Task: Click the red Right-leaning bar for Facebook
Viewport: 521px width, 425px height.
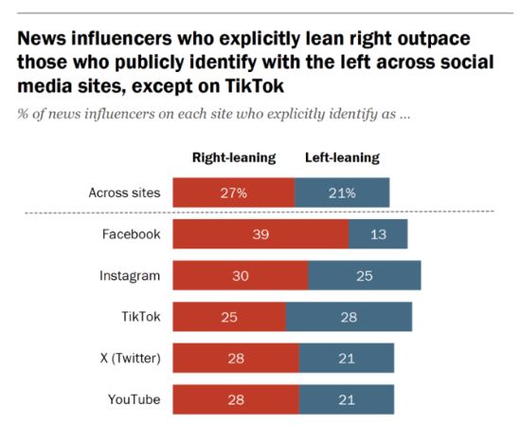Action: click(260, 234)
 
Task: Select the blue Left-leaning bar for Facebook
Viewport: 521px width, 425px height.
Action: click(378, 234)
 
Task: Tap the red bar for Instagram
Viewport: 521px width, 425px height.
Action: click(240, 275)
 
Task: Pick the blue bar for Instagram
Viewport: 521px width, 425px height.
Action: click(365, 275)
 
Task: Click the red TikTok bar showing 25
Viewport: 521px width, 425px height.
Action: click(228, 317)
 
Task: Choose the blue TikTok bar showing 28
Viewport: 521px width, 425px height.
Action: click(349, 317)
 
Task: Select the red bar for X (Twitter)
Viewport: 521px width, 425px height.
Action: click(235, 358)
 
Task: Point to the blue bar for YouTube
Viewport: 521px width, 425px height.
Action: click(347, 398)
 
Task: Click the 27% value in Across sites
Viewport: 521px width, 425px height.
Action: click(233, 193)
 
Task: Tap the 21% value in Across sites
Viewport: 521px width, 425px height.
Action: click(342, 193)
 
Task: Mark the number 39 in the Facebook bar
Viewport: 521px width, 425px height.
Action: click(260, 234)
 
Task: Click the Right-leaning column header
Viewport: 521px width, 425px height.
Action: click(234, 157)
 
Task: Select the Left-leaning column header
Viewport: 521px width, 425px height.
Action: click(342, 157)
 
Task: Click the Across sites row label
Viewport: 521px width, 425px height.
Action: click(123, 193)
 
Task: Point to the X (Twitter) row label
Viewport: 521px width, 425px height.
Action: click(124, 358)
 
